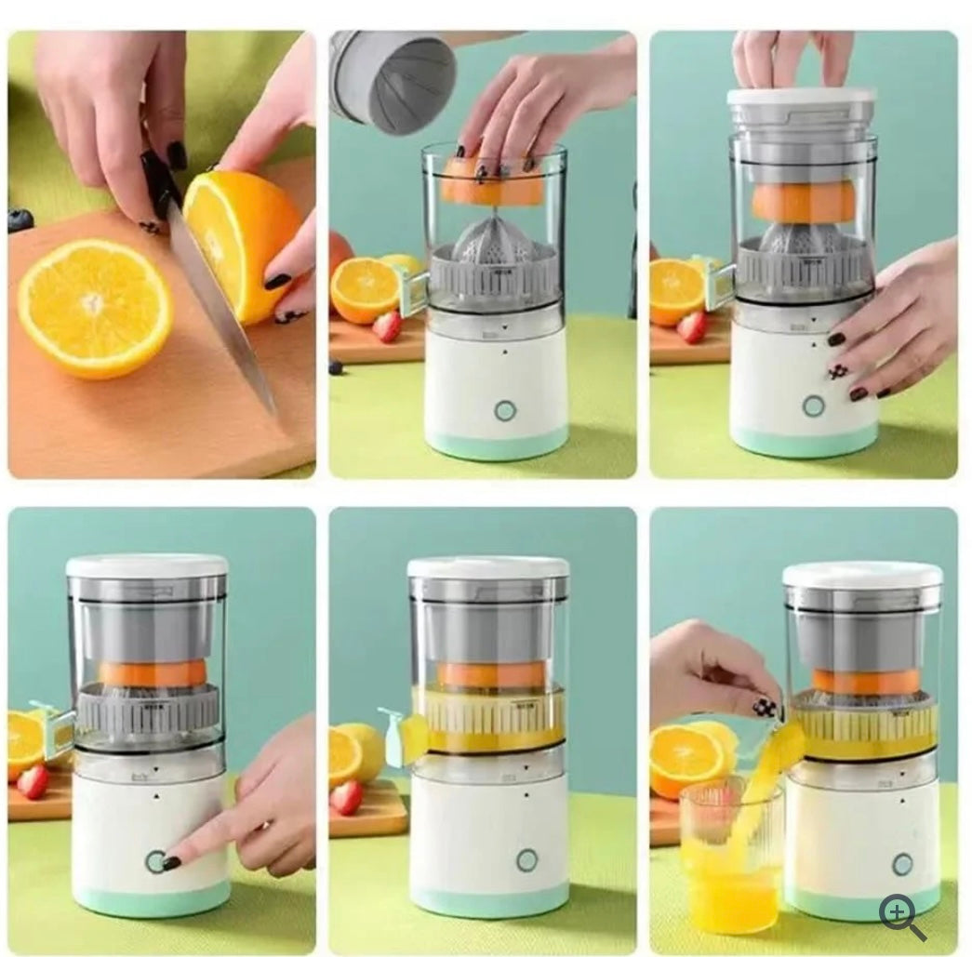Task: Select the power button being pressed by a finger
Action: click(155, 861)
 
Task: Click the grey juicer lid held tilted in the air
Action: click(393, 82)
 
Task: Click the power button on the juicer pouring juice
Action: click(901, 864)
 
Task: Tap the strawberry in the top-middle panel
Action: click(387, 326)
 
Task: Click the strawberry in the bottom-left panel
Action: click(33, 781)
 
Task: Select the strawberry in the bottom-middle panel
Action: click(347, 797)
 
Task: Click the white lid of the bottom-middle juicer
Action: click(488, 567)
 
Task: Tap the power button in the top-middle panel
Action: click(505, 410)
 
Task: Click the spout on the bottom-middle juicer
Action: click(403, 737)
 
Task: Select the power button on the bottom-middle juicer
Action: click(527, 859)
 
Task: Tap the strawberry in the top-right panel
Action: click(692, 326)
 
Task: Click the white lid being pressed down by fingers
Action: click(802, 97)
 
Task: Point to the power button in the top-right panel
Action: click(813, 405)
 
